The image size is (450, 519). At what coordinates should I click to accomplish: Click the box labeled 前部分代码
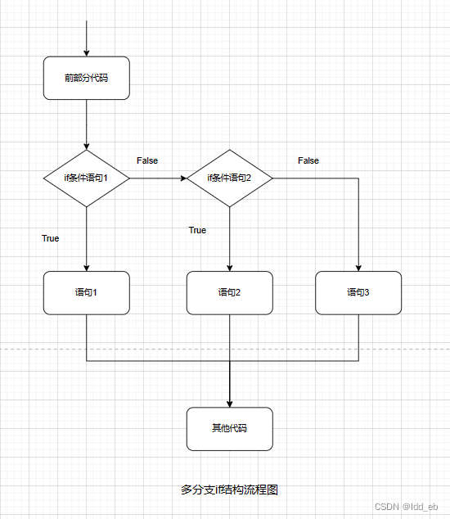click(86, 79)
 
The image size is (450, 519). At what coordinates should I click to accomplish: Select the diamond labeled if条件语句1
click(86, 178)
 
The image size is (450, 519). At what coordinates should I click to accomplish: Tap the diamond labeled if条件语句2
click(230, 178)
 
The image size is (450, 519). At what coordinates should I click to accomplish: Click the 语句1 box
click(86, 292)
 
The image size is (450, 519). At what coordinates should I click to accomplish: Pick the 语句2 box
click(230, 292)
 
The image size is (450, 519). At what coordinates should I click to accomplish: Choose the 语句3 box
click(358, 292)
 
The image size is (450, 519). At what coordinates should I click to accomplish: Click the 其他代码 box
click(230, 428)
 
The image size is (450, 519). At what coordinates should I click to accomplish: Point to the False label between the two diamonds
click(147, 160)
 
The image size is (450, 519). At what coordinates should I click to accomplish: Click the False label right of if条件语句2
click(308, 160)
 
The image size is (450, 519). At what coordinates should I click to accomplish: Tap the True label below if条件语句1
click(51, 238)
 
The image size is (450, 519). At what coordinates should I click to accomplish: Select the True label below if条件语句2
click(197, 230)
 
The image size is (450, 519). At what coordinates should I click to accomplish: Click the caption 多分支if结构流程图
click(230, 490)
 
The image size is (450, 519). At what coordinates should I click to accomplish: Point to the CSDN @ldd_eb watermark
click(407, 508)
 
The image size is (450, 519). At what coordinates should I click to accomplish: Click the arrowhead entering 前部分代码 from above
click(86, 52)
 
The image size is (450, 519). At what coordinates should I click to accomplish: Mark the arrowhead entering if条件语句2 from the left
click(182, 178)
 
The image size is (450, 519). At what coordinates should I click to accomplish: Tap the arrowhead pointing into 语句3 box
click(358, 267)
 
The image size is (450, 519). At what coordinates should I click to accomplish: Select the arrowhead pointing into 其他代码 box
click(230, 403)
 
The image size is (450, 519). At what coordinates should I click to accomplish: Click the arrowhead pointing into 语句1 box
click(86, 267)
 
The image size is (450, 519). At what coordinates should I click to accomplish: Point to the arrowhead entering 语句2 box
click(230, 267)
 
